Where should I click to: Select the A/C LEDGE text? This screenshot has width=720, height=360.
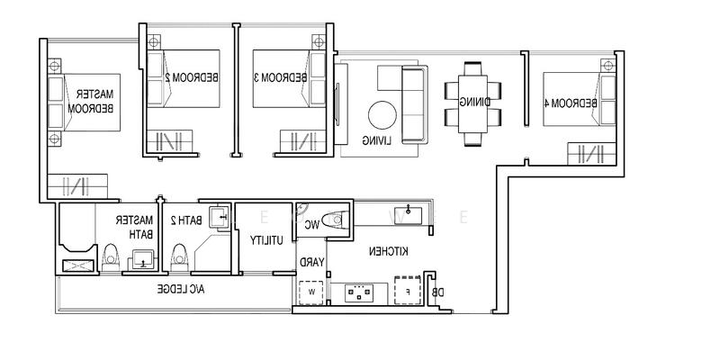tap(181, 289)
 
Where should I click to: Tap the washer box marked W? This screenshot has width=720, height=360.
tap(310, 291)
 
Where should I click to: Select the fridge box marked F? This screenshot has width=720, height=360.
tap(408, 291)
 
